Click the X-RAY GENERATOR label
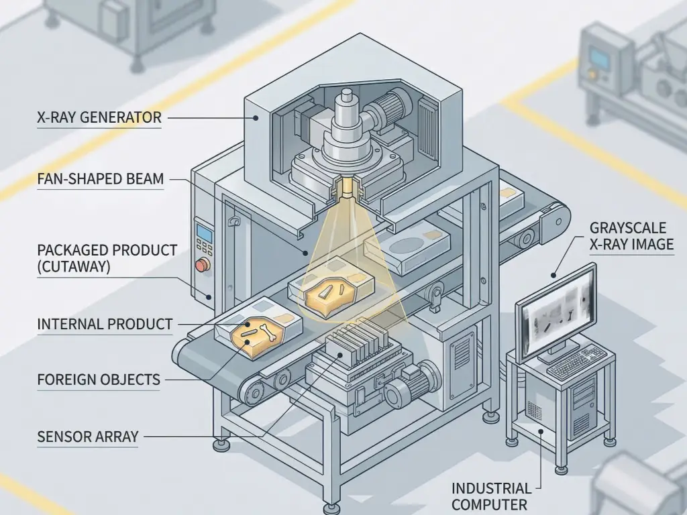coord(99,118)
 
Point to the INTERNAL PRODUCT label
coord(105,325)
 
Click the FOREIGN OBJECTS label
coord(99,380)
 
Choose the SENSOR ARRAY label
coord(88,437)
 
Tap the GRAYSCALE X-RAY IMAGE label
coord(631,235)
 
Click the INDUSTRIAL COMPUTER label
coord(491,496)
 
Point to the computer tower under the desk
coord(582,406)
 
